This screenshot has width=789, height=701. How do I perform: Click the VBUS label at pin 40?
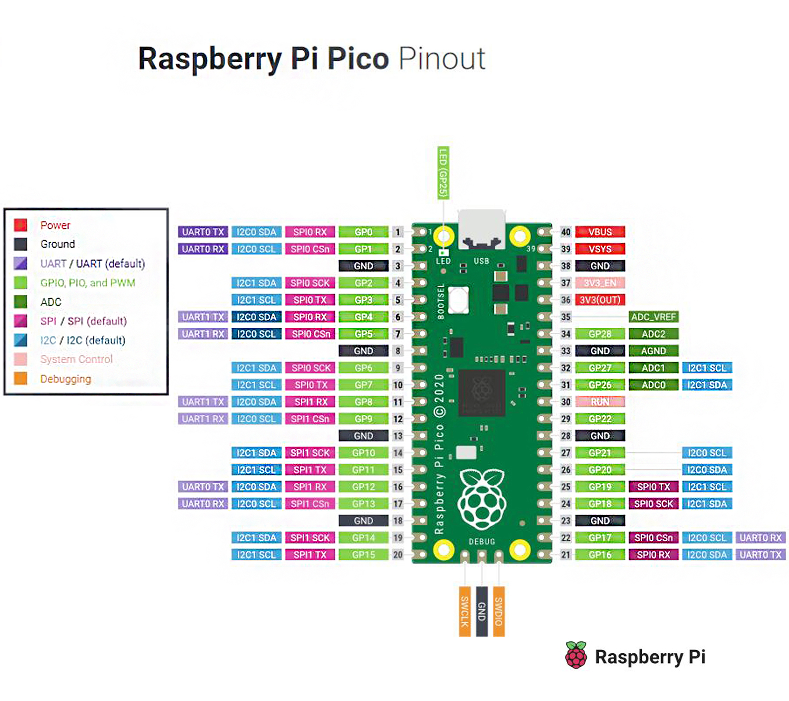600,232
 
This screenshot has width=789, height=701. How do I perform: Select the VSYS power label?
600,249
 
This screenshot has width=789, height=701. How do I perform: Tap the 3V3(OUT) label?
600,300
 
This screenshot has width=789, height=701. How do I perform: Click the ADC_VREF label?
653,317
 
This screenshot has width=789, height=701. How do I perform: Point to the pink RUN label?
600,402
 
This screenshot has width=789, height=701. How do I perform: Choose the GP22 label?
600,419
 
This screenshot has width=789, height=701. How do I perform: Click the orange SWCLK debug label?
465,611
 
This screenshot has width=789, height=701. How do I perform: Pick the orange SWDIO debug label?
498,611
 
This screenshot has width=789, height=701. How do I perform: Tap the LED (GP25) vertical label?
443,173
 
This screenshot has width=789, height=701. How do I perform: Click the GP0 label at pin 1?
363,232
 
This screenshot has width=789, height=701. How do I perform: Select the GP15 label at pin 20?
363,555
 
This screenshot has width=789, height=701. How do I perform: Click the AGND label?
653,351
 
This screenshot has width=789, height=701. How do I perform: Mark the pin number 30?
566,402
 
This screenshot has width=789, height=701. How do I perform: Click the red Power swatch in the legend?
21,225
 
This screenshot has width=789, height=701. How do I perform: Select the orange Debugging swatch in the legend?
21,378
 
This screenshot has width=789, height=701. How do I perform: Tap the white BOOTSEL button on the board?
458,300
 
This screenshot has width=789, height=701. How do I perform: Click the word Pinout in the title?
442,59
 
